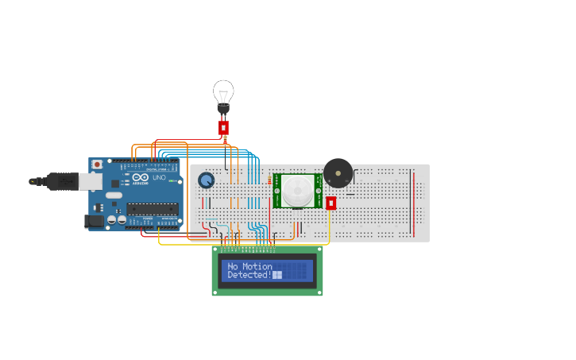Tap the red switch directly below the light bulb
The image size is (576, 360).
pyautogui.click(x=223, y=127)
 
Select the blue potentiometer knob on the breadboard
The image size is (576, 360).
pyautogui.click(x=207, y=180)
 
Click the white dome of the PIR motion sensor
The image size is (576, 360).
pyautogui.click(x=298, y=190)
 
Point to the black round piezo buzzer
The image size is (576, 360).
pyautogui.click(x=338, y=172)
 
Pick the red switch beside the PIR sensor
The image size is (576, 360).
pyautogui.click(x=331, y=203)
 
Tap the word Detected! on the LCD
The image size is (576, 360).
pyautogui.click(x=249, y=275)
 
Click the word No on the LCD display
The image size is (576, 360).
pyautogui.click(x=233, y=266)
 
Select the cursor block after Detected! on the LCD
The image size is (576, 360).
pyautogui.click(x=277, y=275)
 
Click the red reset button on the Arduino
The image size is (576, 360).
pyautogui.click(x=97, y=165)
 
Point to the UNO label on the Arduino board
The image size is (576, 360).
pyautogui.click(x=159, y=177)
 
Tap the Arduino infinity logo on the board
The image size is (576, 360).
pyautogui.click(x=140, y=178)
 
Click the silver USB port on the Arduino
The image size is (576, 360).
pyautogui.click(x=90, y=182)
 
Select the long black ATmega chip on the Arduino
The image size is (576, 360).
pyautogui.click(x=152, y=210)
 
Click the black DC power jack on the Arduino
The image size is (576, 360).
pyautogui.click(x=94, y=222)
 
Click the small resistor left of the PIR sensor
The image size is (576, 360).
pyautogui.click(x=269, y=181)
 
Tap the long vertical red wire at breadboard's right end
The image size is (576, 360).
pyautogui.click(x=412, y=203)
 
